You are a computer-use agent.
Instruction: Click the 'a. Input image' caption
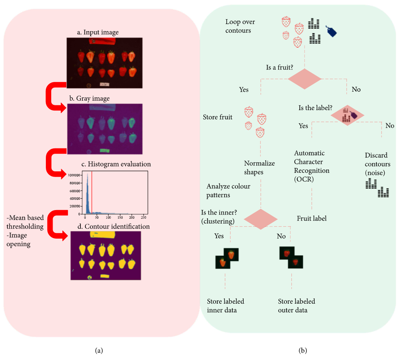(x=98, y=32)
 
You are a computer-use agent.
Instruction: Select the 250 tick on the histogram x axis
(x=143, y=217)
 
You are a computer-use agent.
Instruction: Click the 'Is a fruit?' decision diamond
(x=305, y=79)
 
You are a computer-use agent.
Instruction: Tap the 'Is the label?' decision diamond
(x=347, y=115)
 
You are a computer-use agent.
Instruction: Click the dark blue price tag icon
(x=331, y=31)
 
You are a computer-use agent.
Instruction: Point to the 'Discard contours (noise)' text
(x=377, y=164)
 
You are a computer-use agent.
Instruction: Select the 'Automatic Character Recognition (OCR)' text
(x=312, y=166)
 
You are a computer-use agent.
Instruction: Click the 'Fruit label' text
(x=312, y=218)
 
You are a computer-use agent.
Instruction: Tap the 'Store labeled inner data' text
(x=226, y=306)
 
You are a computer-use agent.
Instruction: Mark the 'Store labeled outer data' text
(x=297, y=306)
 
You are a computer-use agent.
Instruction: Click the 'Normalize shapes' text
(x=259, y=168)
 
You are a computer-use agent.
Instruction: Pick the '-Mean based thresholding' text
(x=25, y=222)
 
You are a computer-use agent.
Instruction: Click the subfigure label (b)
(x=303, y=351)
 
